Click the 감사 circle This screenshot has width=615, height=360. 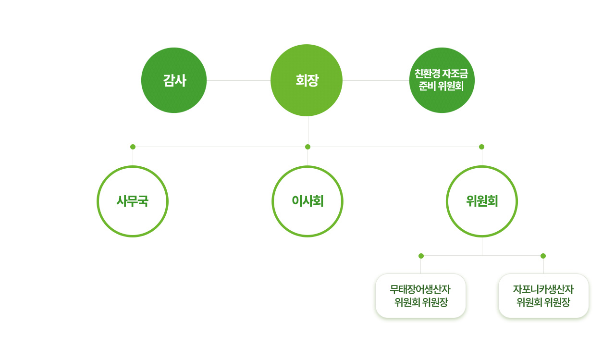[174, 80]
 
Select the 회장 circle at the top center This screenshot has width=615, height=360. [307, 80]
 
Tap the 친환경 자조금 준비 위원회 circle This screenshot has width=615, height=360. [442, 80]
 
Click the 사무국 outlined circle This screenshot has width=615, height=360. [133, 201]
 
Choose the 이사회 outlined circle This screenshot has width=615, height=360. [307, 201]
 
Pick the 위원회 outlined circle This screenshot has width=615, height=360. [482, 201]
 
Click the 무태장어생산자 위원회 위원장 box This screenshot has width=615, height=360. [420, 296]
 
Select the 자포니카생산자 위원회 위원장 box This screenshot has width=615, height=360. [543, 296]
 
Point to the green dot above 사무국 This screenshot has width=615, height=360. [133, 147]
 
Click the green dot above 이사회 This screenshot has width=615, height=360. [307, 147]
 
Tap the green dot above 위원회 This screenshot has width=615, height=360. [481, 147]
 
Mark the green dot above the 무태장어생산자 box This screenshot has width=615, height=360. [421, 256]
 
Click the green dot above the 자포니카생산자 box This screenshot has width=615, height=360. [543, 256]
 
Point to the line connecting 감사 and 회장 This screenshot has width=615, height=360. [238, 80]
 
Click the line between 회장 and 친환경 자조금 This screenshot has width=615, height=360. [376, 80]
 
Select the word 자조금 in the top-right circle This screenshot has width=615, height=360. [456, 74]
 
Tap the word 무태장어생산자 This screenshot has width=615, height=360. [420, 289]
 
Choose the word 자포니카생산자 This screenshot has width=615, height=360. [543, 289]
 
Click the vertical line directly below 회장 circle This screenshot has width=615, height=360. [308, 131]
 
